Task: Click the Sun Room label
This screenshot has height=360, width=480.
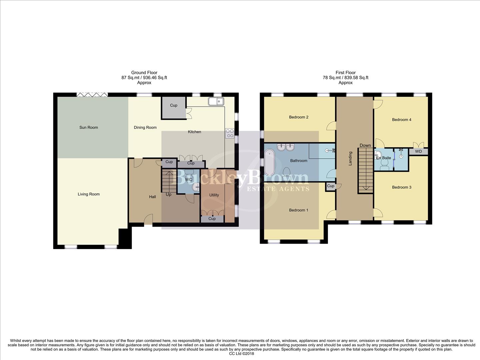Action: (89, 127)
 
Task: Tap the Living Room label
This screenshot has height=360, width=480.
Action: (89, 194)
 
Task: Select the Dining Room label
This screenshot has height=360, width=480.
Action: (145, 127)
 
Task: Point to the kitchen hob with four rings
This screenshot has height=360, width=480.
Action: (230, 133)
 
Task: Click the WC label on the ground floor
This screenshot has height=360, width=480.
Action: (188, 180)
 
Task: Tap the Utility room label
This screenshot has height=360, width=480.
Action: (214, 195)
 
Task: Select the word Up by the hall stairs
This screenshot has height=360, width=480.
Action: (169, 194)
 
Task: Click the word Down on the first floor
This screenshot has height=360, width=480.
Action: (365, 145)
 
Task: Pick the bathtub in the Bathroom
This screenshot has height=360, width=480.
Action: (270, 160)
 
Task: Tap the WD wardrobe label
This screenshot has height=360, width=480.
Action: (418, 151)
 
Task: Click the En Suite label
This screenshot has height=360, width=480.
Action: (383, 158)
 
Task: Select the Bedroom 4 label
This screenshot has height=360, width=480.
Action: (401, 120)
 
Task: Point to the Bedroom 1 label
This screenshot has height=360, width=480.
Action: (298, 210)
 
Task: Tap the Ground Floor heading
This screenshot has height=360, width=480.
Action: (144, 72)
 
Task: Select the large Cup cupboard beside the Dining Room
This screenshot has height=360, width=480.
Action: (174, 107)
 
